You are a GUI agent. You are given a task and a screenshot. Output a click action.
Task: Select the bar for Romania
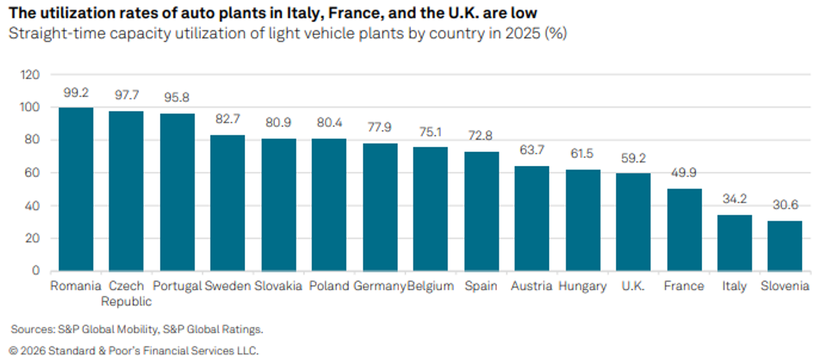pyautogui.click(x=76, y=189)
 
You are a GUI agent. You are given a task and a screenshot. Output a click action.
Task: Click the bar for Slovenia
pyautogui.click(x=785, y=246)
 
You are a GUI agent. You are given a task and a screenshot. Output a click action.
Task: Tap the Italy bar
pyautogui.click(x=735, y=243)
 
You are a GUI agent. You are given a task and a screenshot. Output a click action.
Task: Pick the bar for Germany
pyautogui.click(x=380, y=207)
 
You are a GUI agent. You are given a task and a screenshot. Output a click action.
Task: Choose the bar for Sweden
pyautogui.click(x=228, y=204)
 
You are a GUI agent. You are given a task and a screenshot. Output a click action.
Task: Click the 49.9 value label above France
pyautogui.click(x=684, y=172)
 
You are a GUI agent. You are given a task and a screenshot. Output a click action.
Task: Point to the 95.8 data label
pyautogui.click(x=177, y=97)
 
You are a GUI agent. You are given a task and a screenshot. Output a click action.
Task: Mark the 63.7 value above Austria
pyautogui.click(x=532, y=150)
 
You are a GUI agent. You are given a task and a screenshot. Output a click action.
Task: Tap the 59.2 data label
pyautogui.click(x=633, y=158)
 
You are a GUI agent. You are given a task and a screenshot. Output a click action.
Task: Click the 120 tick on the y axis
pyautogui.click(x=30, y=75)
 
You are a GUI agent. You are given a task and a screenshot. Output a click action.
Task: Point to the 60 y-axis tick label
pyautogui.click(x=32, y=172)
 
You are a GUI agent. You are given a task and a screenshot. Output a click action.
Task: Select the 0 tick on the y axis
pyautogui.click(x=36, y=271)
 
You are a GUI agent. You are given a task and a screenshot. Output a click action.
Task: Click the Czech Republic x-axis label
pyautogui.click(x=126, y=293)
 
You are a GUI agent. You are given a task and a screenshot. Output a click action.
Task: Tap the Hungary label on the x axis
pyautogui.click(x=582, y=286)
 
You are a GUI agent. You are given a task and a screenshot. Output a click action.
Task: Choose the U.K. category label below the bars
pyautogui.click(x=633, y=286)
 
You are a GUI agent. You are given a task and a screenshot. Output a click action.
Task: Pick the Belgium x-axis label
pyautogui.click(x=431, y=286)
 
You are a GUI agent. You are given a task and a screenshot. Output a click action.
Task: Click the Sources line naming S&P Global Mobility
pyautogui.click(x=137, y=329)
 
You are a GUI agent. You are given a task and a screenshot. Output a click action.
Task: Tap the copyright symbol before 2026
pyautogui.click(x=13, y=351)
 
